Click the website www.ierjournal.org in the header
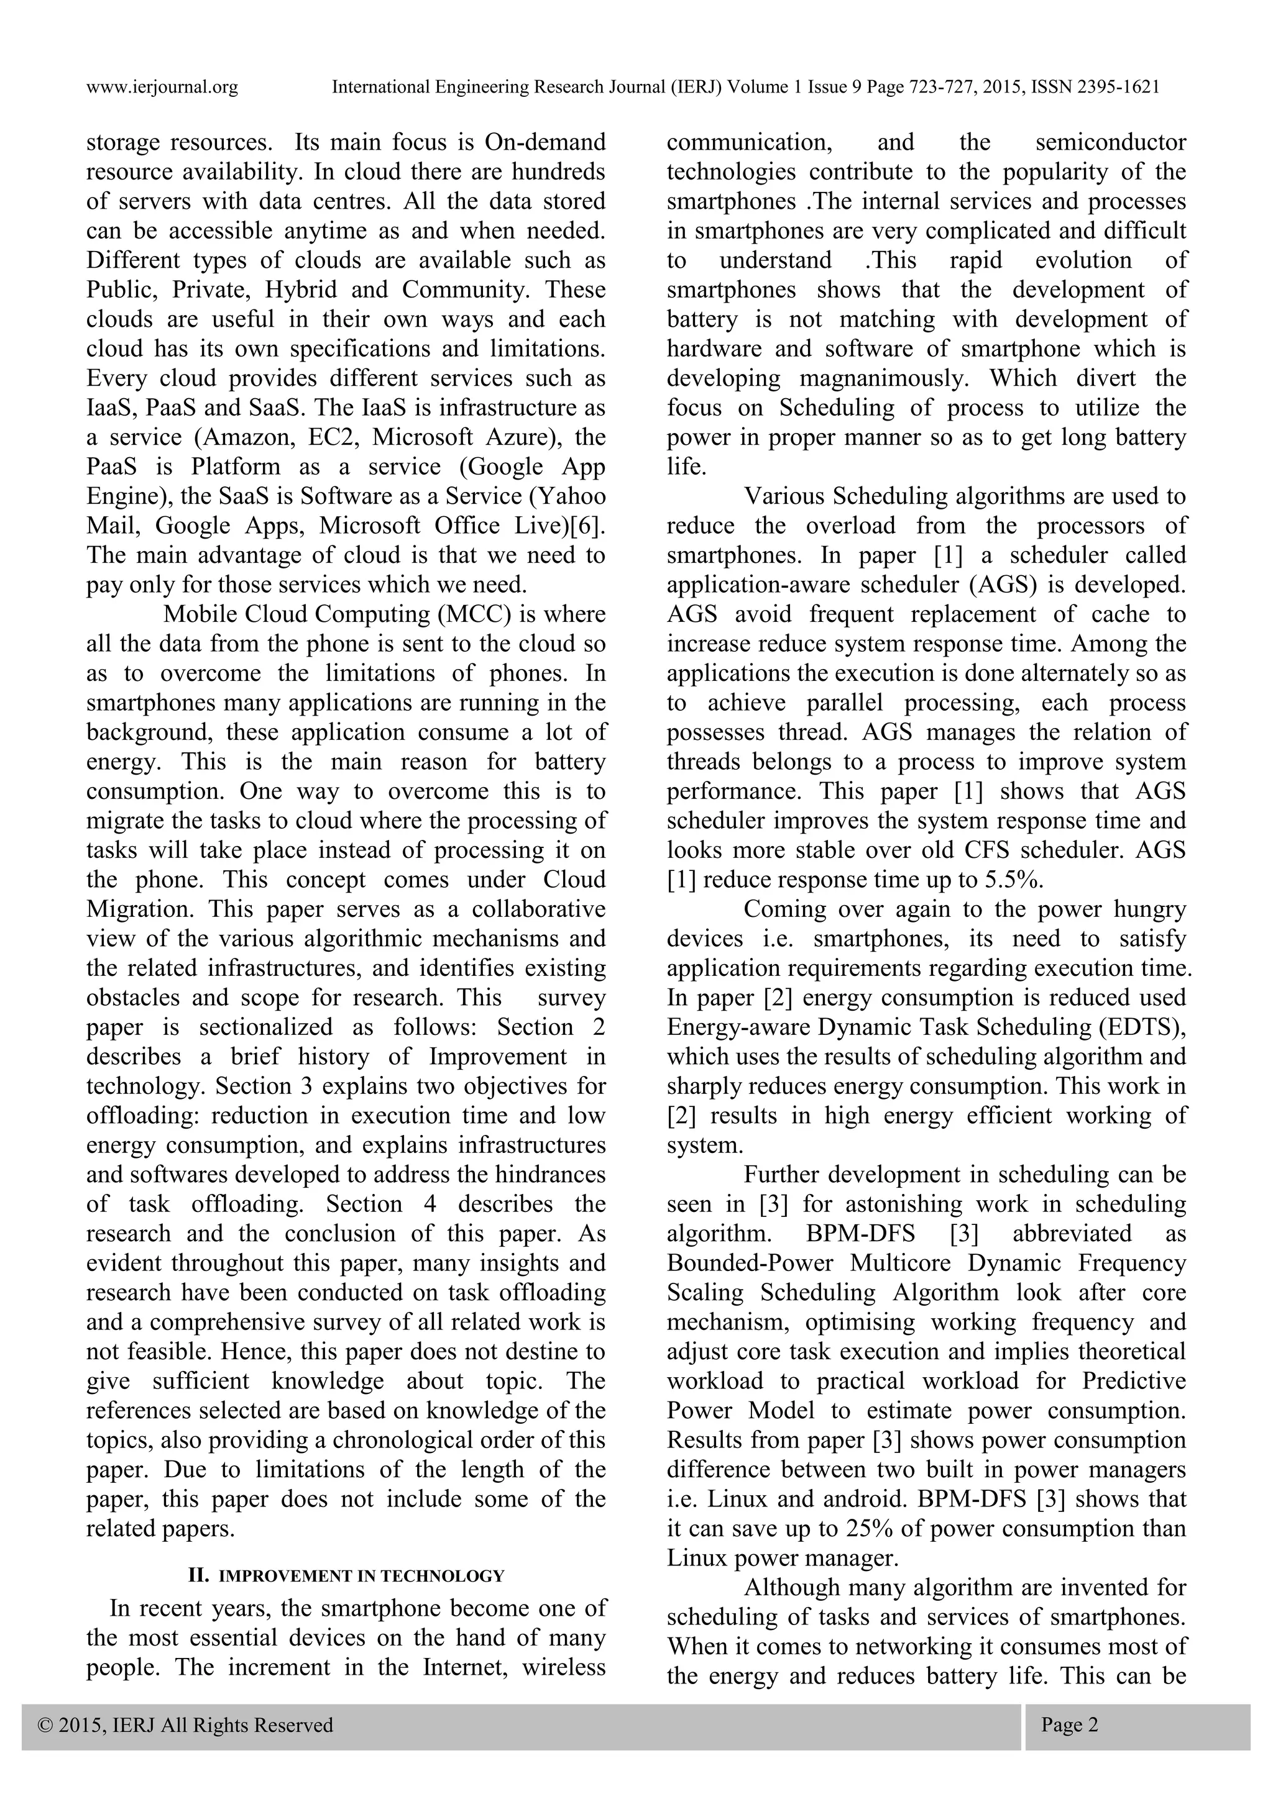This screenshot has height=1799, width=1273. click(162, 88)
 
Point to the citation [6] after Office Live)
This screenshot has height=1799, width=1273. click(587, 526)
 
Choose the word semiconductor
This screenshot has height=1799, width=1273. click(1110, 143)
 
